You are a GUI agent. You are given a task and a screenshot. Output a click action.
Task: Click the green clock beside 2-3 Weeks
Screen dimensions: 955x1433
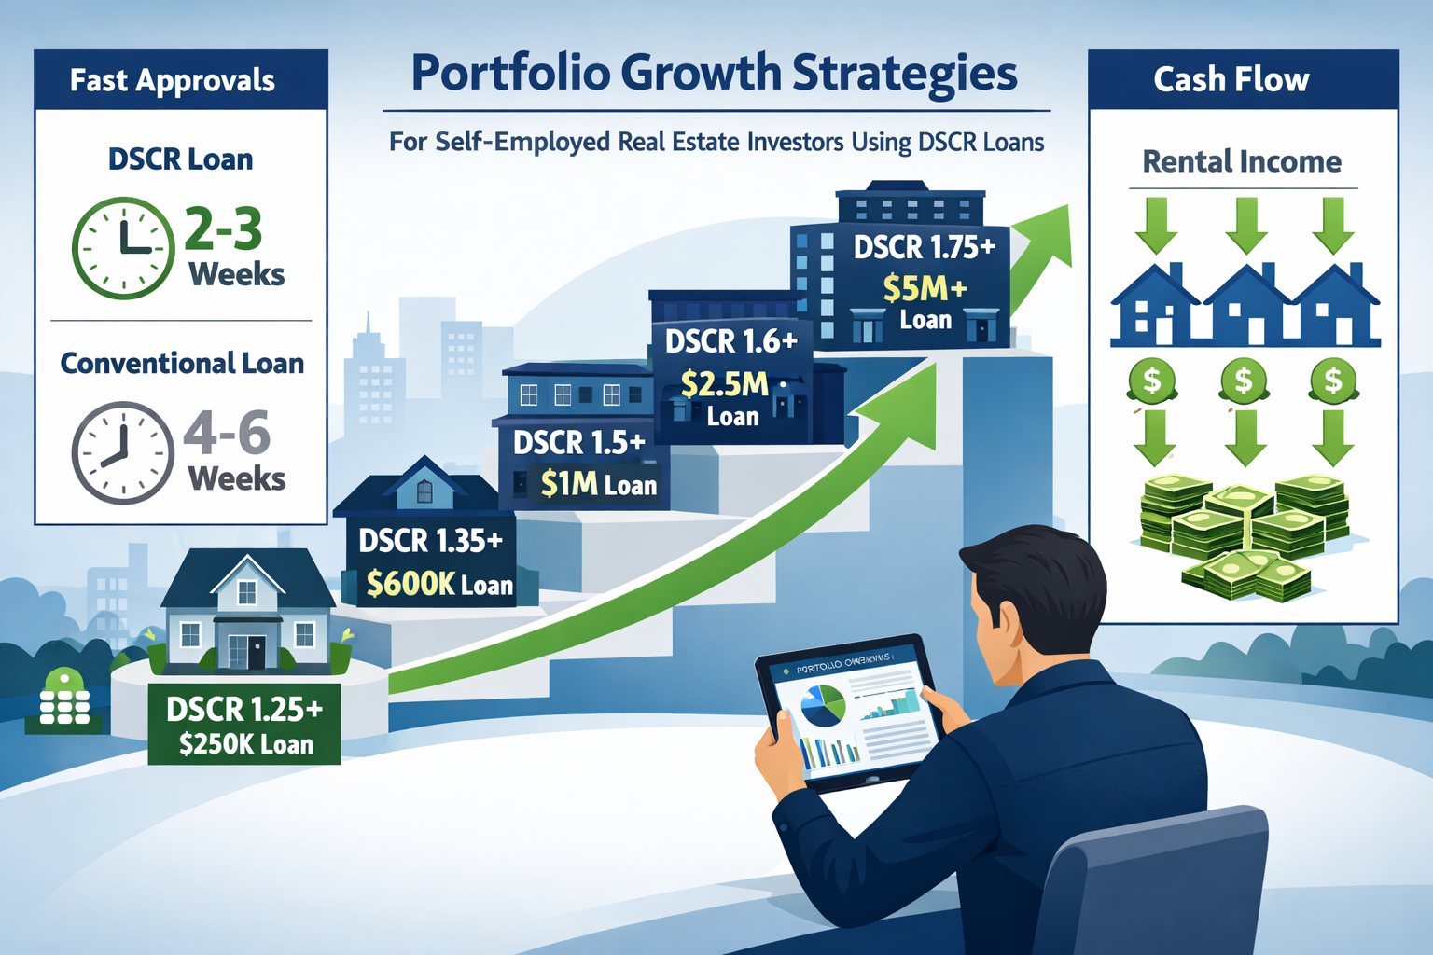[123, 248]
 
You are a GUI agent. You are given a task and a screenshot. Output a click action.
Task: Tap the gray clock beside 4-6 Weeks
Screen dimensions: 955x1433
[123, 453]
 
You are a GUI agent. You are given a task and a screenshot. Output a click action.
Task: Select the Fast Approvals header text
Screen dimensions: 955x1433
[173, 80]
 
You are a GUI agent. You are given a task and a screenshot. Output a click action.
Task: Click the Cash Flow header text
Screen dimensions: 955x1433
[1231, 80]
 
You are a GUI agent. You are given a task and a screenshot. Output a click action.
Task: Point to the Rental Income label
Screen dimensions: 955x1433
[1242, 161]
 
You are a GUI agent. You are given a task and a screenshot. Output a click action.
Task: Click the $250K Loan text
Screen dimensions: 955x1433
[246, 744]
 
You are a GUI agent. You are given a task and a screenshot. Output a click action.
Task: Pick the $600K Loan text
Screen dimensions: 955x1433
[439, 584]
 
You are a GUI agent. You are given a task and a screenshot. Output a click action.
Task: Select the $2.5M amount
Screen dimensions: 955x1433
[725, 384]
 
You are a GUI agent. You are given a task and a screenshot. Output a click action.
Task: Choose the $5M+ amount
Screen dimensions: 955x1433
[925, 289]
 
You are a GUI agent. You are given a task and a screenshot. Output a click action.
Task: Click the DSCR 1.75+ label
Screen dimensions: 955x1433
[925, 247]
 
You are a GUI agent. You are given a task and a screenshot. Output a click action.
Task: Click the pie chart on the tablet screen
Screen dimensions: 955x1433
[822, 706]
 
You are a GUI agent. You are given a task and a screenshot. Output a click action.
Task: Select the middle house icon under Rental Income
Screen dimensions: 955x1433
[1246, 307]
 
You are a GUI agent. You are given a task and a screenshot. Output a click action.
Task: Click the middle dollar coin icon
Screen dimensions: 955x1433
[1244, 381]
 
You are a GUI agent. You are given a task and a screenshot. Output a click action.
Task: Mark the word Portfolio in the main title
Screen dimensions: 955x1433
[510, 74]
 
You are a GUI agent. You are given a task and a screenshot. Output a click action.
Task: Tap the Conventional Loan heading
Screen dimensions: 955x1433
[182, 363]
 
